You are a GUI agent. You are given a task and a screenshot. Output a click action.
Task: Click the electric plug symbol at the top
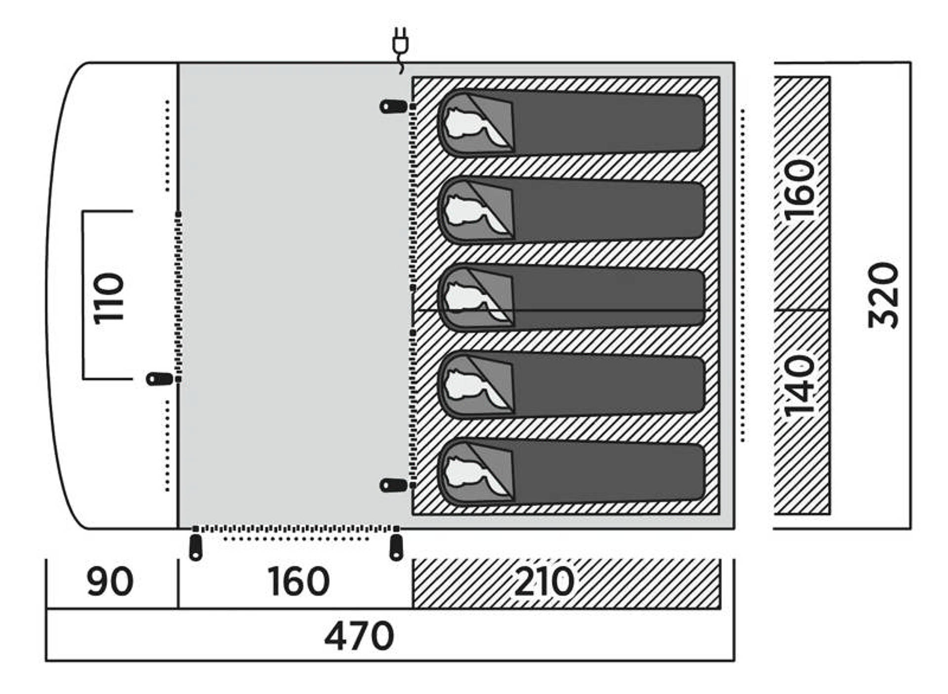point(400,49)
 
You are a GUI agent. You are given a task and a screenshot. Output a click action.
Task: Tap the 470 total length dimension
point(359,636)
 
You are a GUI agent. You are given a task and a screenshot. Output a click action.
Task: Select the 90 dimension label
point(110,582)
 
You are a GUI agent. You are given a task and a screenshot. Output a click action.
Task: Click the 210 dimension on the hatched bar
point(544,582)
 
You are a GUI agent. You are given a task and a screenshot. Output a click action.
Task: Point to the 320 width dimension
point(883,295)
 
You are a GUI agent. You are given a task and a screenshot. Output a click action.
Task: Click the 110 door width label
point(109,298)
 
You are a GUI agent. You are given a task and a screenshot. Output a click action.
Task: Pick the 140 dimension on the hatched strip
point(800,385)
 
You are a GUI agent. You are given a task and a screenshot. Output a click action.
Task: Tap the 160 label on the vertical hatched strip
point(800,190)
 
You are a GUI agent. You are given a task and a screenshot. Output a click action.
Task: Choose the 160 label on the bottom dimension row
point(298,582)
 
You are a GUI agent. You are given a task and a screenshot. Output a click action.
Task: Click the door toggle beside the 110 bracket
point(159,379)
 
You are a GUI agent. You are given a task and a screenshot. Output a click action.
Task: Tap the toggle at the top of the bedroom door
point(393,107)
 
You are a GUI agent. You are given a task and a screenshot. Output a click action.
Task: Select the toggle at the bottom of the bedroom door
point(393,485)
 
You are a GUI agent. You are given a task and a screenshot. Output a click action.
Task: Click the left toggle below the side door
point(196,547)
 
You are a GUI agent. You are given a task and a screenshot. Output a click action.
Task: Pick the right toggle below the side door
point(396,547)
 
